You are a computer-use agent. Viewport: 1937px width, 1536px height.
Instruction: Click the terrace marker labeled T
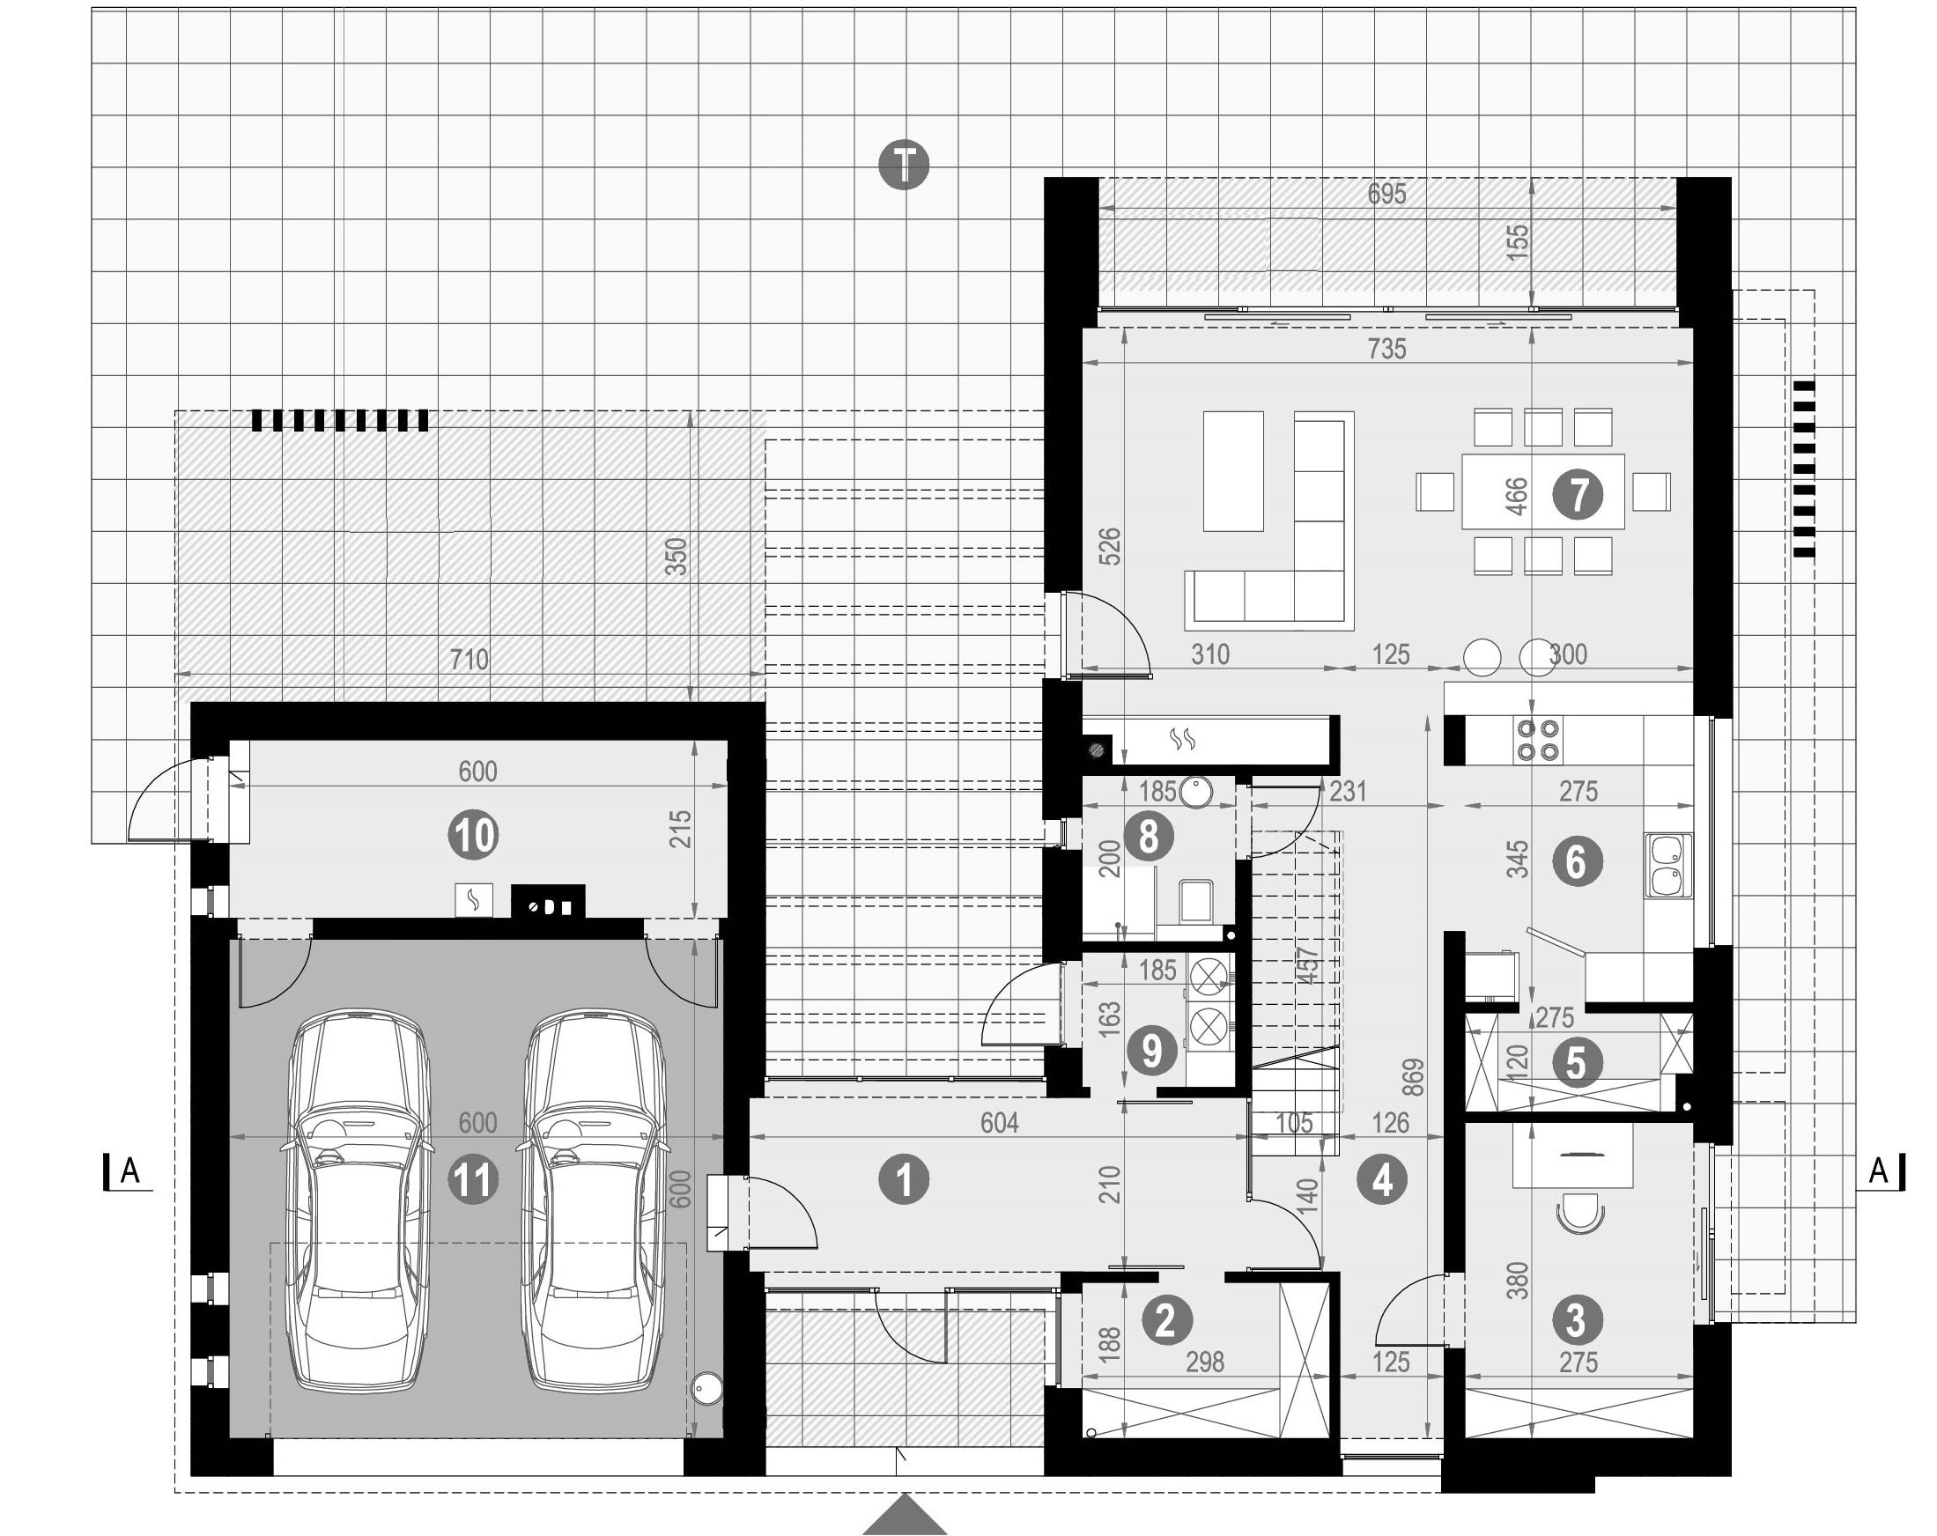[904, 165]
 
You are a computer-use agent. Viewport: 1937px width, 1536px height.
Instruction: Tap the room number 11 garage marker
[474, 1180]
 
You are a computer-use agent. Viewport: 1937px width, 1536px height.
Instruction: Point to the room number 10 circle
[474, 835]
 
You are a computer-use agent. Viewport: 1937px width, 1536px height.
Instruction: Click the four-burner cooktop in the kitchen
[1538, 739]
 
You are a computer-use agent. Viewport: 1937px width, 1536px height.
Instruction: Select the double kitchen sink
[1668, 865]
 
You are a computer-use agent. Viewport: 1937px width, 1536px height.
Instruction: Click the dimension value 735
[1386, 349]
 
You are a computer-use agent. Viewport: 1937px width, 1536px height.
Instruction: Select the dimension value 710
[469, 660]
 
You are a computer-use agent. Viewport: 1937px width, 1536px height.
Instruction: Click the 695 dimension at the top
[1386, 193]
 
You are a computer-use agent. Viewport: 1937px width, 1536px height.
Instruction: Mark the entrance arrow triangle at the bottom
[905, 1517]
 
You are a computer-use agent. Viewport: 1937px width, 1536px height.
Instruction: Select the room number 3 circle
[1576, 1320]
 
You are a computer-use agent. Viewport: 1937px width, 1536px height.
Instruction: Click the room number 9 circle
[1151, 1051]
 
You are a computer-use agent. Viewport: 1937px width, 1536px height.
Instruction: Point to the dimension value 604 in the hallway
[999, 1122]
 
